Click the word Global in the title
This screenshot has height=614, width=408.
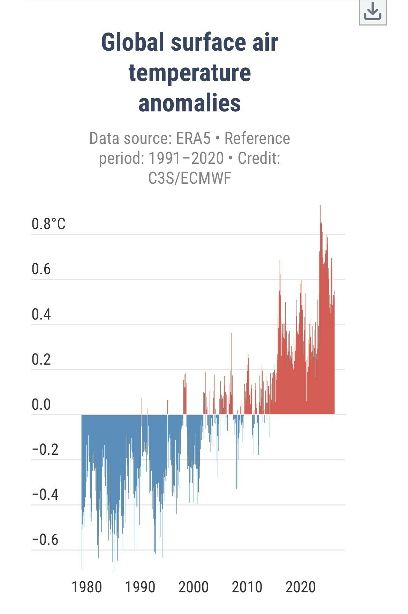(133, 42)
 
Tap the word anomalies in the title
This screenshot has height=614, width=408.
(190, 103)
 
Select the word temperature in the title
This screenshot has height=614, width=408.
(190, 73)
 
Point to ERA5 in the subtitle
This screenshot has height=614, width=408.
(193, 138)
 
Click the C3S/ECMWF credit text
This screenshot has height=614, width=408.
(190, 178)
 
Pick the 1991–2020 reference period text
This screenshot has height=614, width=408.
(186, 158)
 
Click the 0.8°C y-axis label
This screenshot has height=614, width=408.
(48, 224)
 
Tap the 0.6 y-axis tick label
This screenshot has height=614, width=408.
(41, 269)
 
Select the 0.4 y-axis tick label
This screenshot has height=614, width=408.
(41, 314)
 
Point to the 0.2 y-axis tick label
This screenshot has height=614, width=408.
(41, 359)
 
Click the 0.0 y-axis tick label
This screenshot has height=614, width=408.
(41, 404)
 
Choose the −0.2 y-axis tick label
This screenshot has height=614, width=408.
(45, 449)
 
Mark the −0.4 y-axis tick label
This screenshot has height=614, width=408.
(45, 495)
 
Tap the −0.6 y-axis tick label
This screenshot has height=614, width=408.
(45, 540)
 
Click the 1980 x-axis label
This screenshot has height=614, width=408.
(87, 587)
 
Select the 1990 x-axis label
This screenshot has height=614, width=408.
(140, 587)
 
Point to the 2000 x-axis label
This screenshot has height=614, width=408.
(194, 587)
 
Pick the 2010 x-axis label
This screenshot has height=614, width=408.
(247, 587)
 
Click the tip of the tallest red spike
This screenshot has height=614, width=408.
(320, 205)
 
